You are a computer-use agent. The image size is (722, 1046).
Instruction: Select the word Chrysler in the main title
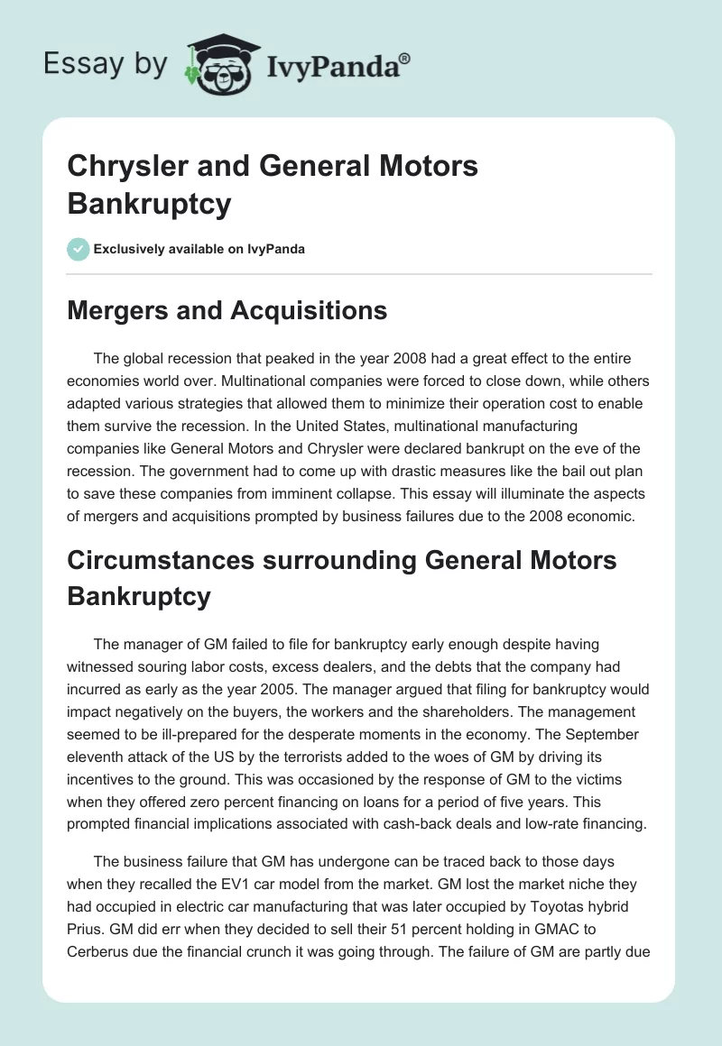pos(121,166)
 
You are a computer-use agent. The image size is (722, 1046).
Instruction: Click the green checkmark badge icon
pos(78,248)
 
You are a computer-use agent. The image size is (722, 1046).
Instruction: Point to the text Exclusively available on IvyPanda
pos(199,249)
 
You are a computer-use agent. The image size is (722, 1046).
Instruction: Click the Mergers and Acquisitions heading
pos(227,311)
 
